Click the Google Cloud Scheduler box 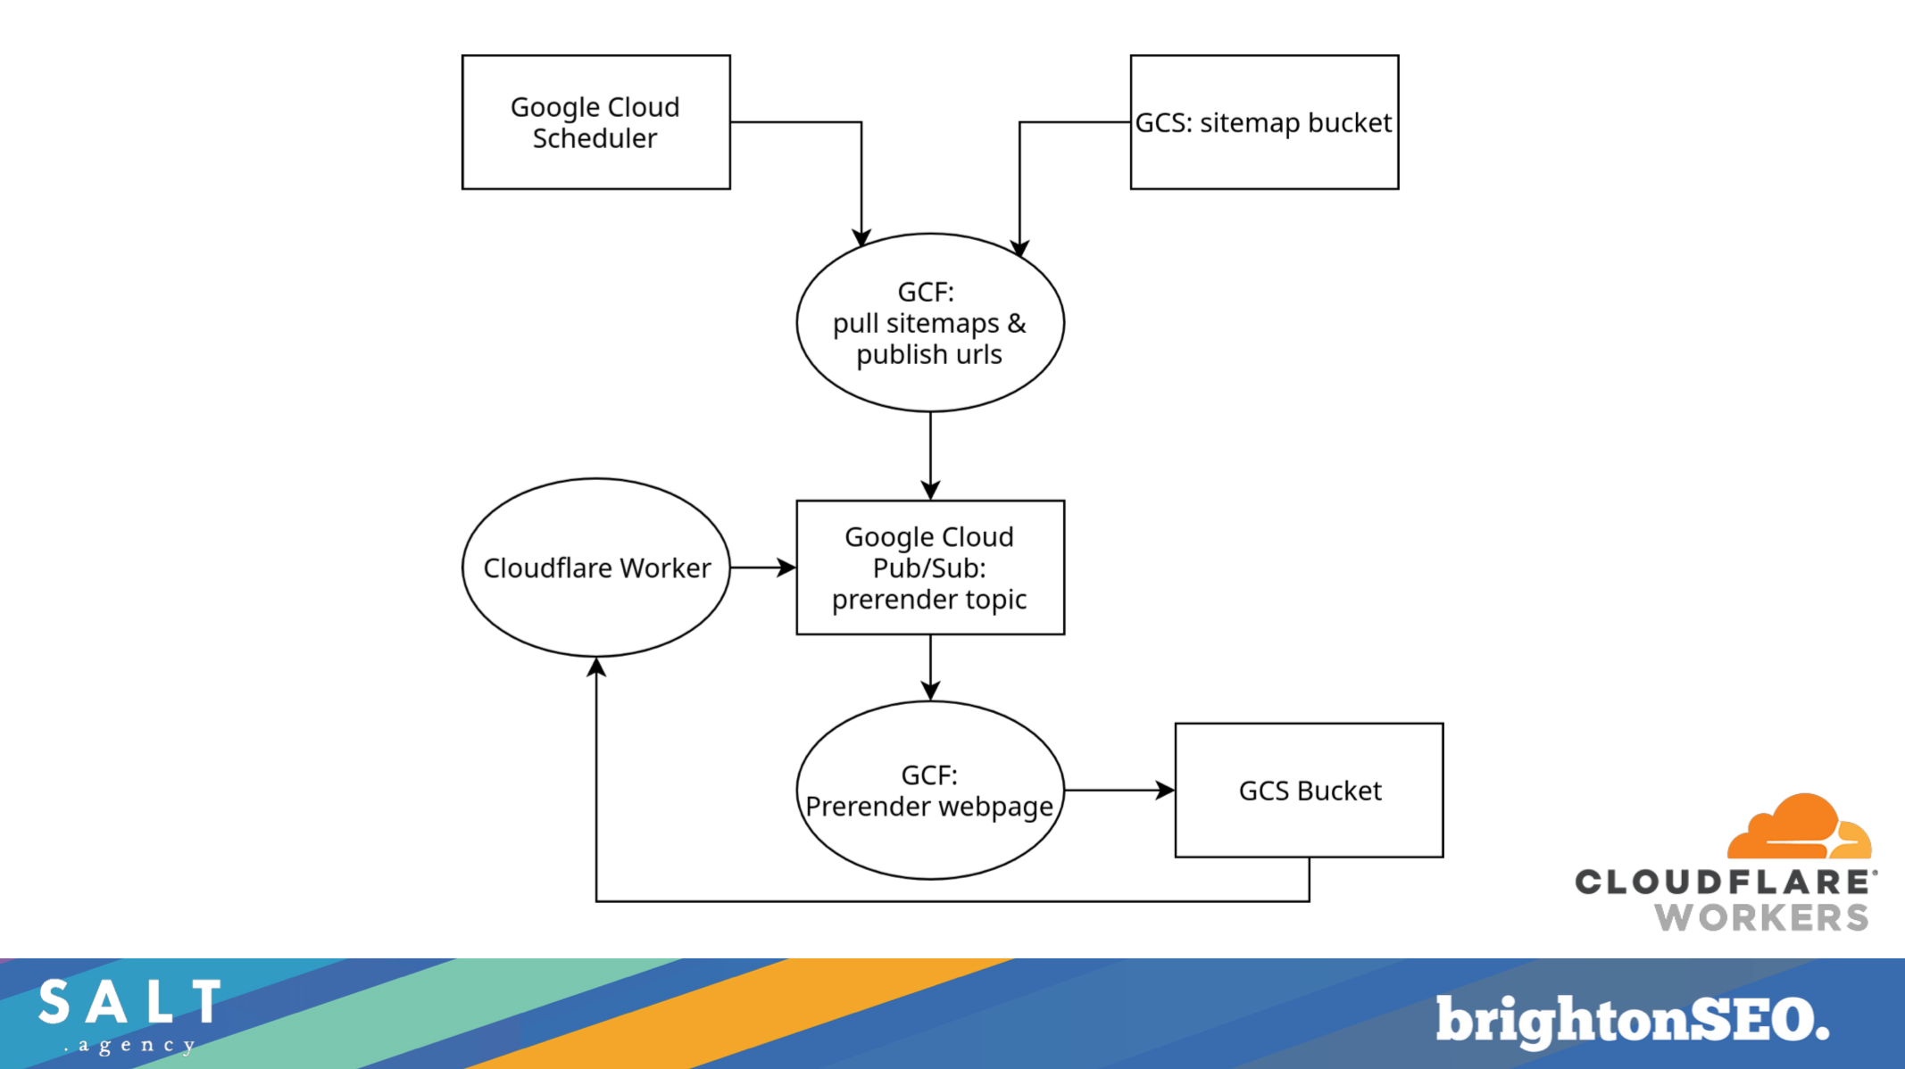coord(595,122)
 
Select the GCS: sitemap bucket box coord(1263,122)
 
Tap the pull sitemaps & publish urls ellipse coord(929,323)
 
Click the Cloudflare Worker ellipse coord(595,568)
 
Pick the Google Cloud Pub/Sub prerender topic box coord(929,568)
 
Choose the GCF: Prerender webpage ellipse coord(929,791)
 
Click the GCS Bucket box coord(1309,791)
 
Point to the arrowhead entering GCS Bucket coord(1165,791)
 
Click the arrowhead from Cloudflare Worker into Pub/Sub coord(786,568)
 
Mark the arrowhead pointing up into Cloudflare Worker coord(596,667)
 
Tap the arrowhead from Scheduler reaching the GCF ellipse coord(861,237)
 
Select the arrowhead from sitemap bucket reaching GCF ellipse coord(1019,248)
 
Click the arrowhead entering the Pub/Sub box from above coord(930,490)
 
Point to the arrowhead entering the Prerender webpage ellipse coord(930,691)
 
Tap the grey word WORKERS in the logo coord(1761,917)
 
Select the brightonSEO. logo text coord(1632,1020)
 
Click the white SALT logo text coord(130,1002)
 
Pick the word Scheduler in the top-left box coord(595,138)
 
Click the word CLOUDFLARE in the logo coord(1723,883)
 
